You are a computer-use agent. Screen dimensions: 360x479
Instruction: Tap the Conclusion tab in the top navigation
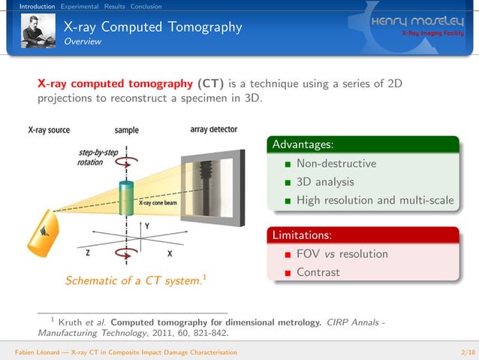(146, 6)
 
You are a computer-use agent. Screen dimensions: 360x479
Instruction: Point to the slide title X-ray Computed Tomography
(152, 28)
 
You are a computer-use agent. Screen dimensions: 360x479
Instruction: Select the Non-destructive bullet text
(336, 163)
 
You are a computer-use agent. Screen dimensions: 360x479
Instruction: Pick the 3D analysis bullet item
(324, 181)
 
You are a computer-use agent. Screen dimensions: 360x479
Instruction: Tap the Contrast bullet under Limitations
(318, 272)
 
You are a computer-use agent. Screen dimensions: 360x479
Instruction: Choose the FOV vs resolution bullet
(342, 254)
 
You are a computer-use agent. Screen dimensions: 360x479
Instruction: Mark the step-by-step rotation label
(98, 158)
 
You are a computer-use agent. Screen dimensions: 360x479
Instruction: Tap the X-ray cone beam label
(159, 202)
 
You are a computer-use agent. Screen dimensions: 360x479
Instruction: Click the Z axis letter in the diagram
(89, 253)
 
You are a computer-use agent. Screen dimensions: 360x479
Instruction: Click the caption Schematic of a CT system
(132, 281)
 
